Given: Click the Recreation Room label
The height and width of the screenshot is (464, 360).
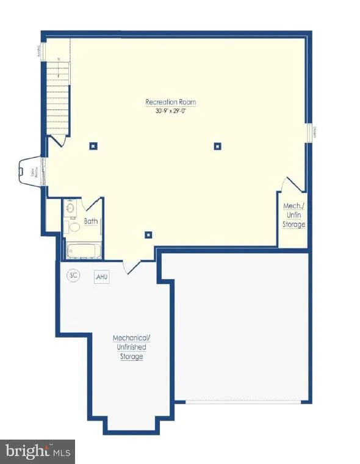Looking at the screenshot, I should pyautogui.click(x=170, y=102).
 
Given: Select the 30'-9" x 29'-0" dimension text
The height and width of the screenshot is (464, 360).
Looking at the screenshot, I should pyautogui.click(x=170, y=111).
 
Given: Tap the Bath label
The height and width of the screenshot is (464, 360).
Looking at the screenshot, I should pyautogui.click(x=91, y=222).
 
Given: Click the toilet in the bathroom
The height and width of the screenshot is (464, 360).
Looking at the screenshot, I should pyautogui.click(x=73, y=227).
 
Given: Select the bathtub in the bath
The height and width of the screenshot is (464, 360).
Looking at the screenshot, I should pyautogui.click(x=84, y=250).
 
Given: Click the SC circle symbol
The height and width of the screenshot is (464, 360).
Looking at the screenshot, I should pyautogui.click(x=73, y=275).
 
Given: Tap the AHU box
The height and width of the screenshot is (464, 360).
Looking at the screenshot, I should pyautogui.click(x=101, y=277).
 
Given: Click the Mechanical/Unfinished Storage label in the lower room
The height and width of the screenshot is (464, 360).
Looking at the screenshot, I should pyautogui.click(x=131, y=347).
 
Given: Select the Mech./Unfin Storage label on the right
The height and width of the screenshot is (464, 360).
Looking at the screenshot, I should pyautogui.click(x=293, y=215).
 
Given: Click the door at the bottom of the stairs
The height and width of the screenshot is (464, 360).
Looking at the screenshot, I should pyautogui.click(x=59, y=140).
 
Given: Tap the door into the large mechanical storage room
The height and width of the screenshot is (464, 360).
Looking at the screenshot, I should pyautogui.click(x=132, y=266).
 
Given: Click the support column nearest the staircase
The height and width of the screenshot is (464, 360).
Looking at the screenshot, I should pyautogui.click(x=93, y=145).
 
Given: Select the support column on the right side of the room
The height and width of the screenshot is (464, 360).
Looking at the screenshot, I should pyautogui.click(x=217, y=146).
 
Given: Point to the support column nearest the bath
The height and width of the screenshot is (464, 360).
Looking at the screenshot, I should pyautogui.click(x=148, y=234).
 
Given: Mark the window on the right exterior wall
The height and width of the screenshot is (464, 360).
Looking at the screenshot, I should pyautogui.click(x=310, y=133).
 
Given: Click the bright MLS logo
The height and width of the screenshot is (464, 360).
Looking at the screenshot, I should pyautogui.click(x=38, y=452).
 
